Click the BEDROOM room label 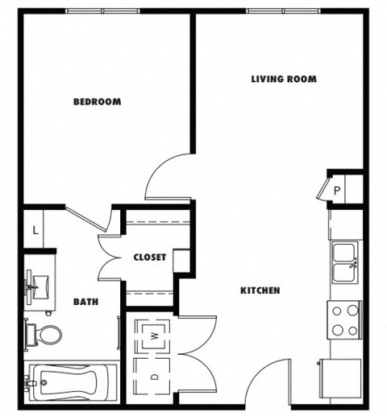coord(97,101)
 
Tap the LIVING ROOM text coord(283,79)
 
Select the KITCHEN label coord(259,290)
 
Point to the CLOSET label coord(150,257)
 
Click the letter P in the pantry coord(337,191)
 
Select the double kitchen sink coord(344,262)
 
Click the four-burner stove coord(344,319)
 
